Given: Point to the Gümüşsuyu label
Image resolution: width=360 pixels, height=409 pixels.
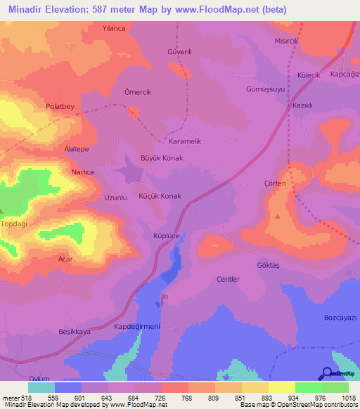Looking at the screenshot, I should click(265, 90).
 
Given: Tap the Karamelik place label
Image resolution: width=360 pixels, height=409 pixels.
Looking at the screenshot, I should click(186, 141).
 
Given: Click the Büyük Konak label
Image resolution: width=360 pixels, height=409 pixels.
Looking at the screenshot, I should click(162, 158).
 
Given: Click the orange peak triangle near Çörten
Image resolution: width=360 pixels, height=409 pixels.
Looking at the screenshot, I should click(278, 216).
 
